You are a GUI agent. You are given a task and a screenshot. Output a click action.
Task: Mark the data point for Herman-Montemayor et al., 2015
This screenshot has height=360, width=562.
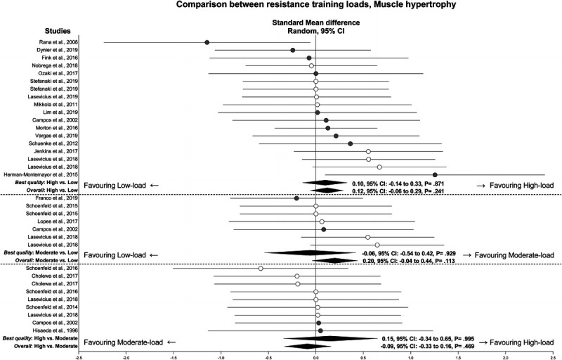(x=435, y=174)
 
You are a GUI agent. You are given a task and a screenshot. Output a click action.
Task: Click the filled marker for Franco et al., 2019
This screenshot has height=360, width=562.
(x=296, y=198)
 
